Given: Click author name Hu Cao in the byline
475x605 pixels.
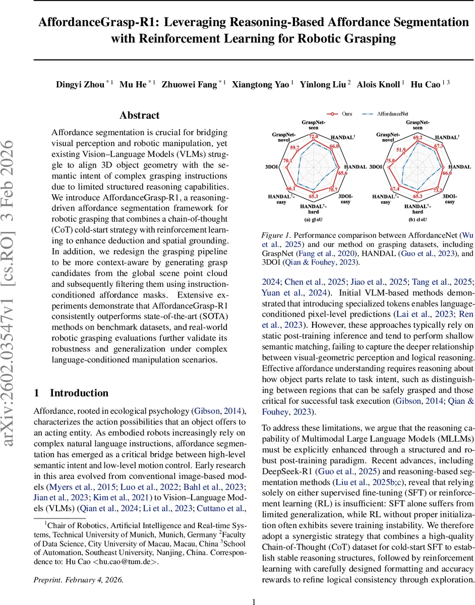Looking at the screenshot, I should [x=425, y=84].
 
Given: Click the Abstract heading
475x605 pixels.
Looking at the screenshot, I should [x=140, y=115].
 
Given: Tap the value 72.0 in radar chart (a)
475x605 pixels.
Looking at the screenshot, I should [x=314, y=136].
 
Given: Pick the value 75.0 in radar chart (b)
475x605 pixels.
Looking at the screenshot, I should [x=390, y=161].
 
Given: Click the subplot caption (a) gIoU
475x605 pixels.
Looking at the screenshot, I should [x=313, y=220].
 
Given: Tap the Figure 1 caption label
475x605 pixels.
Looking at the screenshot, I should [x=276, y=235].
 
